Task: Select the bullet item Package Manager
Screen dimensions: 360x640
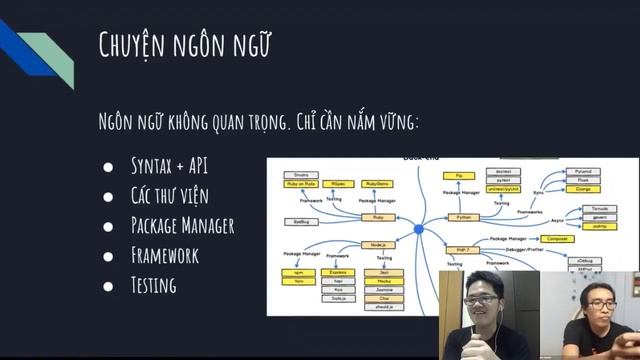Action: [182, 225]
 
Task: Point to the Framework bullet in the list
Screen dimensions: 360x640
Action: [164, 255]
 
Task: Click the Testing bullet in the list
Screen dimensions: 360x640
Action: [153, 285]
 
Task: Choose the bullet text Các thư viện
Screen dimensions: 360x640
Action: [169, 195]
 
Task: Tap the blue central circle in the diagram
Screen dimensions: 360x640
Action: [419, 231]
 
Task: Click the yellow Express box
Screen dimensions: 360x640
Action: [339, 272]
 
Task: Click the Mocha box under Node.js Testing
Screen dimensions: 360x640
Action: [384, 281]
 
